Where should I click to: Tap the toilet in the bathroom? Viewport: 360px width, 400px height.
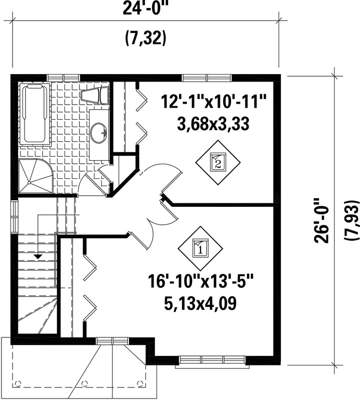click(95, 96)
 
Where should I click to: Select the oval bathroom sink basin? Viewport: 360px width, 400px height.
click(98, 133)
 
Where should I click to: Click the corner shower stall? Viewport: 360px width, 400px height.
click(36, 176)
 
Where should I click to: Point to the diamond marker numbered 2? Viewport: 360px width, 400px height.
click(218, 163)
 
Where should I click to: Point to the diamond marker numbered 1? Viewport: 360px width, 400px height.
click(200, 248)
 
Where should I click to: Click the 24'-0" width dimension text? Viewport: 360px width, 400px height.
click(145, 9)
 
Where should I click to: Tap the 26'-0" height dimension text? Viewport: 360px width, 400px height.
click(321, 220)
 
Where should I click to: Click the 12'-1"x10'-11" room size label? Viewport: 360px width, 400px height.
click(213, 102)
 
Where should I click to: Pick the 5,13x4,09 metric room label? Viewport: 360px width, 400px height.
click(200, 303)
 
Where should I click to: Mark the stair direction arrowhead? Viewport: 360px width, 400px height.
click(38, 257)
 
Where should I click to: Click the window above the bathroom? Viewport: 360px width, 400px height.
click(63, 77)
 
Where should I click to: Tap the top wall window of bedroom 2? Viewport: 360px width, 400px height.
click(207, 77)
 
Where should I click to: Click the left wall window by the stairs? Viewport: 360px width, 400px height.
click(14, 217)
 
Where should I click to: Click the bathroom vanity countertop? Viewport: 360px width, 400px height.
click(99, 135)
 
